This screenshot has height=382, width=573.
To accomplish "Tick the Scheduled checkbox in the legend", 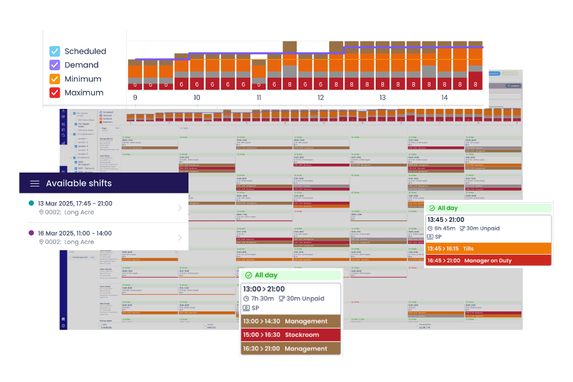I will coord(55,52).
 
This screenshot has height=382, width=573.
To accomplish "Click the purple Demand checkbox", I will coord(55,65).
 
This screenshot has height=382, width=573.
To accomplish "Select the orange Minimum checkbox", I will coord(55,79).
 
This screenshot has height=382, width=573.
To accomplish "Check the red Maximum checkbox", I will coord(55,93).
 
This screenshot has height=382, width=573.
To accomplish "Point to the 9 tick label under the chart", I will coord(135,98).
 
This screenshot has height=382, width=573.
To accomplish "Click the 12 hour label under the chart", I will coord(321,98).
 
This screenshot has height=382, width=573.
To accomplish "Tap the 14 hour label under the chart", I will coord(444,98).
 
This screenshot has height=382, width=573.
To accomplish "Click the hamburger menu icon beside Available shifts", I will coord(34,183).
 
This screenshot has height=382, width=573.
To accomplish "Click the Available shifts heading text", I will coord(79,183).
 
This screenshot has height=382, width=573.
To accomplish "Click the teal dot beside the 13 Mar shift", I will coord(32,203).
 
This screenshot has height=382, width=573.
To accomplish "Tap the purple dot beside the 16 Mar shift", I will coord(32,234).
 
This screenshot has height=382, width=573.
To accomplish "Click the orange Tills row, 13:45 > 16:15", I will coord(488,248).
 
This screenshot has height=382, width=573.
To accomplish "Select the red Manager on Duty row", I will coord(488,260).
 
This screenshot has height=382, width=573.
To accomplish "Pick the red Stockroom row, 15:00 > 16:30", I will coord(290,335).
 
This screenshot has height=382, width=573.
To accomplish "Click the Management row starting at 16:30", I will coord(290,348).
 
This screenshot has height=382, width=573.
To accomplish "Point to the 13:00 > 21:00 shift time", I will coord(264,289).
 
